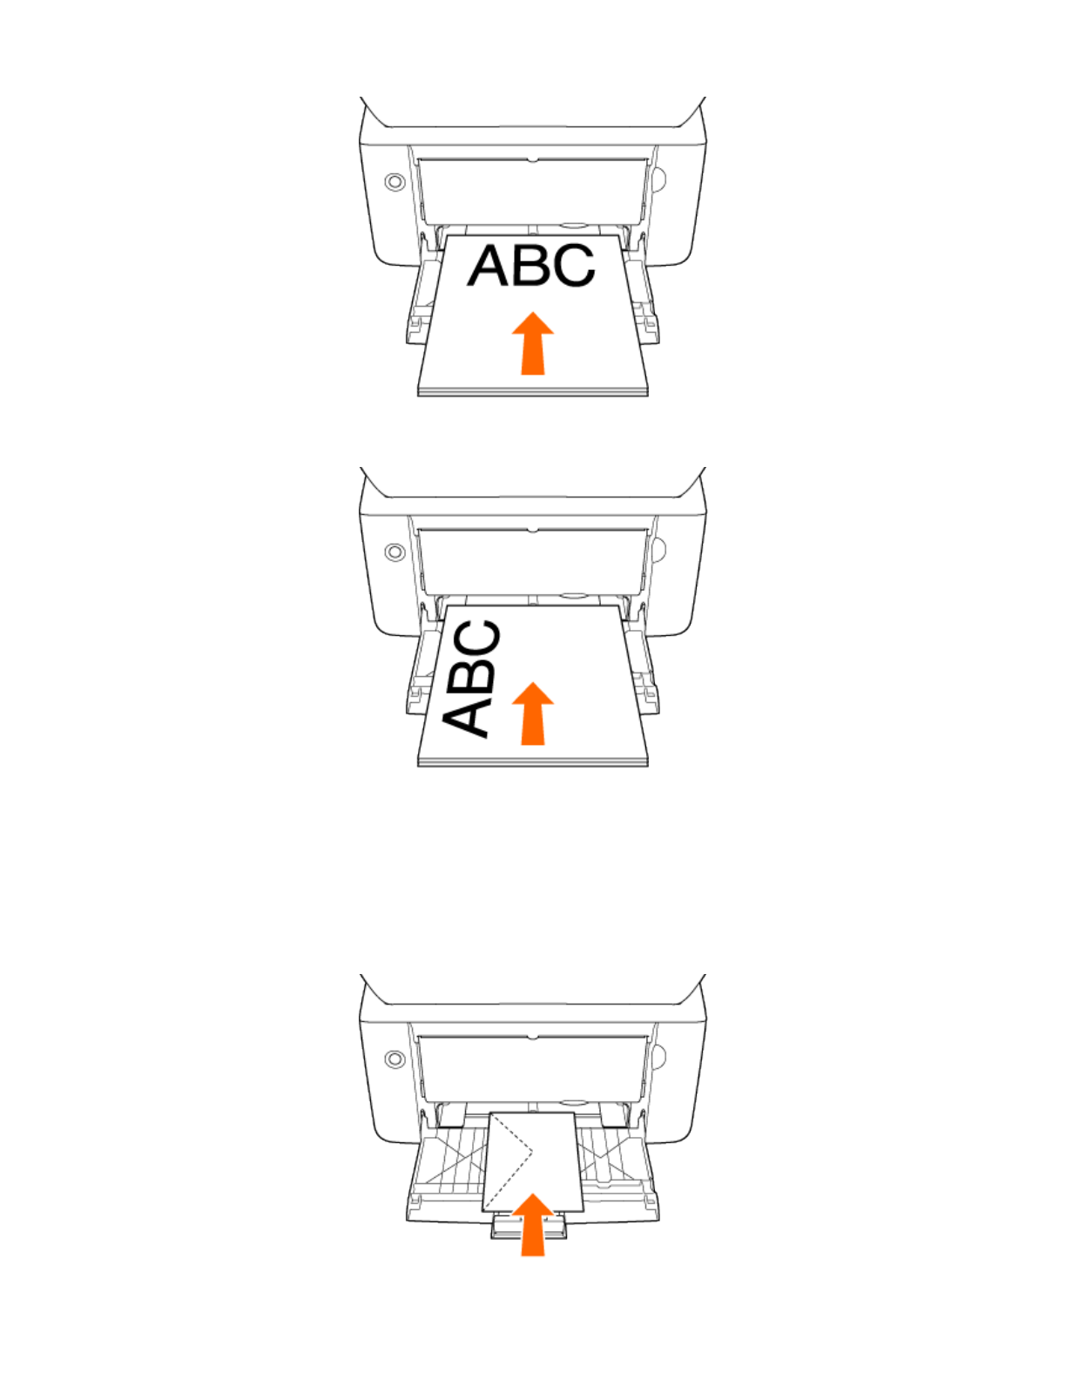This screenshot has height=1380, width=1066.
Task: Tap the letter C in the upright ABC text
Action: point(572,266)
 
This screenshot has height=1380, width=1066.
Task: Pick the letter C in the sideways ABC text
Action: point(477,640)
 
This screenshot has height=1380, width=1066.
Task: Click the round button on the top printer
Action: point(395,182)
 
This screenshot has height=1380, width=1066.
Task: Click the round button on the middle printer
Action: point(395,552)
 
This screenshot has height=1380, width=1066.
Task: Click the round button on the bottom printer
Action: point(395,1059)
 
